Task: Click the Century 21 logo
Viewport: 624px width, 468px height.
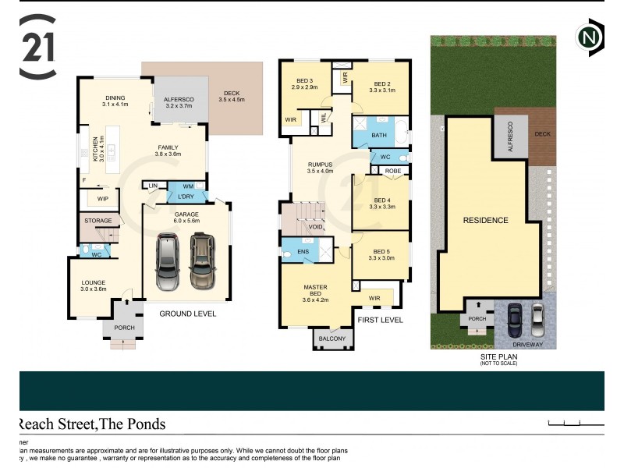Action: (x=37, y=48)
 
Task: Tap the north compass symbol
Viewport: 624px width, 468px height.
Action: (x=589, y=37)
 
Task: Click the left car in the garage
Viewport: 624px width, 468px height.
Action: (x=167, y=262)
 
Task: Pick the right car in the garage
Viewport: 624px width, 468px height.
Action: (x=202, y=262)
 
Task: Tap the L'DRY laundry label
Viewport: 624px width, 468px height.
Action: (x=187, y=197)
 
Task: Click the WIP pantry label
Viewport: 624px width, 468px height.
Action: (x=102, y=200)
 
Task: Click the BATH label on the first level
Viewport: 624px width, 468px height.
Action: (x=379, y=135)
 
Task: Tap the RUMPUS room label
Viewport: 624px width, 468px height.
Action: (x=320, y=167)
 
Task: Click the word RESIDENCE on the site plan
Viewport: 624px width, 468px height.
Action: (x=485, y=220)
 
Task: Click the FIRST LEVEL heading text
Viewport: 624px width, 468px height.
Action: (x=380, y=321)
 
